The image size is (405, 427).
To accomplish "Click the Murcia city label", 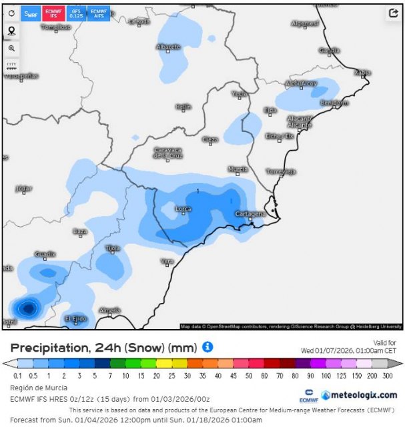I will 238,169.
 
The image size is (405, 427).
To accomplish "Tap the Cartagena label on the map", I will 251,213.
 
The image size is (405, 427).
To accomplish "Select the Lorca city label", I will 183,209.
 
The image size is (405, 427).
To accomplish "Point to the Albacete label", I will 168,47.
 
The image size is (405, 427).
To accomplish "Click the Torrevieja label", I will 281,171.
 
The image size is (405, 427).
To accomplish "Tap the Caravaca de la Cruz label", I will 167,153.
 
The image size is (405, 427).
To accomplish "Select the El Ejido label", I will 75,319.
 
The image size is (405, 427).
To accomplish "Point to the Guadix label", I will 45,254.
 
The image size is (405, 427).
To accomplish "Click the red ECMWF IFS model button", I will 53,13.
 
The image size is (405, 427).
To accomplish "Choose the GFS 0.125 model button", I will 76,13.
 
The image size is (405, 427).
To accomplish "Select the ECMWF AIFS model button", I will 99,13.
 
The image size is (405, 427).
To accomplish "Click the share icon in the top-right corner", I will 391,14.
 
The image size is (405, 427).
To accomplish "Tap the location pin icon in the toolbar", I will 11,31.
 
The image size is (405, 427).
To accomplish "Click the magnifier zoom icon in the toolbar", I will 11,48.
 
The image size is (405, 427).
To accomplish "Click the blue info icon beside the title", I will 208,347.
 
